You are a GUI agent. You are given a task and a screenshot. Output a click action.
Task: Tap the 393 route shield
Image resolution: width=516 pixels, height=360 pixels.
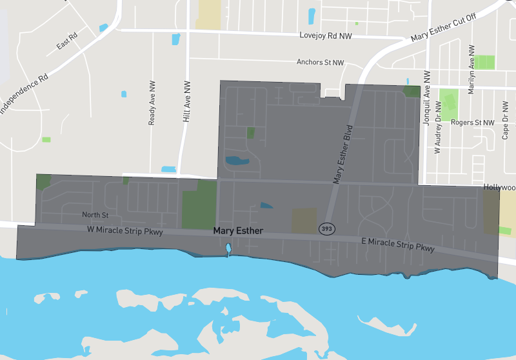pyautogui.click(x=327, y=229)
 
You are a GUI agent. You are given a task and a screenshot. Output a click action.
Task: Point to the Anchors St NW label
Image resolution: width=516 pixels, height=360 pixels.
pyautogui.click(x=321, y=63)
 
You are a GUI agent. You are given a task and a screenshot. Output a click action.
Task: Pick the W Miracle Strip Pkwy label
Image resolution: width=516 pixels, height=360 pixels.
pyautogui.click(x=125, y=230)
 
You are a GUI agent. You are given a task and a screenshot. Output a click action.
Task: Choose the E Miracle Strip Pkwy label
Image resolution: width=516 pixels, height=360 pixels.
pyautogui.click(x=397, y=244)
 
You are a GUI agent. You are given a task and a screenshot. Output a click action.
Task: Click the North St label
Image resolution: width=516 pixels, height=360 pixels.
pyautogui.click(x=95, y=214)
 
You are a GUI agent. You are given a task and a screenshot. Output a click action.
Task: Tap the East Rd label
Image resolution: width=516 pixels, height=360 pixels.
pyautogui.click(x=66, y=41)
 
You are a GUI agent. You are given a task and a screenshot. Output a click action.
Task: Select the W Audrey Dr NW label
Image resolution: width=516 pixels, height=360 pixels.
pyautogui.click(x=438, y=130)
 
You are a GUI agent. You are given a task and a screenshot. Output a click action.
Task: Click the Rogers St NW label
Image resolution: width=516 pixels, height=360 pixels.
pyautogui.click(x=473, y=122)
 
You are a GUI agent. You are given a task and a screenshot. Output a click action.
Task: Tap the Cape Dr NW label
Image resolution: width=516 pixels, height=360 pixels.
pyautogui.click(x=506, y=119)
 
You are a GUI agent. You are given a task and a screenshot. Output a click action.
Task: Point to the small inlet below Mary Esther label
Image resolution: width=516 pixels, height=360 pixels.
pyautogui.click(x=228, y=249)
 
